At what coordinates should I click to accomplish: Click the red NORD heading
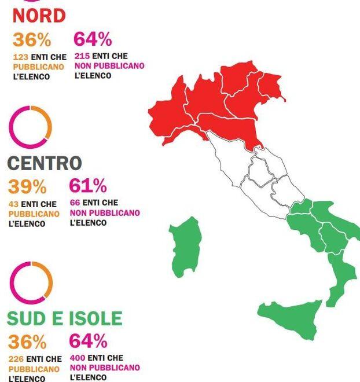39,16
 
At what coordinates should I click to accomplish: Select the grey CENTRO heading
45,163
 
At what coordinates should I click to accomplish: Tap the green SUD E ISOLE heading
65,318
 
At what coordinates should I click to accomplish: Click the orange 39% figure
27,187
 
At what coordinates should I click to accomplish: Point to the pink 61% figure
88,186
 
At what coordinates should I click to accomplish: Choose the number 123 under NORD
20,57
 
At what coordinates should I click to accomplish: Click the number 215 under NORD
82,57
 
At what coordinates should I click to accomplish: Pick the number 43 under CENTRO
13,204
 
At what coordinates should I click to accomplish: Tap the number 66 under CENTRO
75,203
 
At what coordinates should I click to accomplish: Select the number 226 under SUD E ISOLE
16,359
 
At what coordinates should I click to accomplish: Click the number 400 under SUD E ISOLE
78,358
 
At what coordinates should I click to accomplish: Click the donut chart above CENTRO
31,127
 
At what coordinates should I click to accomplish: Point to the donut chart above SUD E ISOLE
31,282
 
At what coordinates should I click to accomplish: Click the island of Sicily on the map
292,318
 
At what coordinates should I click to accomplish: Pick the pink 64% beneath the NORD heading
93,39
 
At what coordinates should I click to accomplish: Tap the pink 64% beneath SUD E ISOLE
88,341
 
